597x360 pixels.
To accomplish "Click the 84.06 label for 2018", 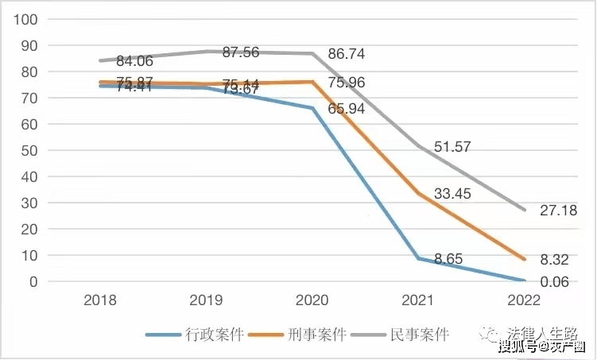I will coord(136,61).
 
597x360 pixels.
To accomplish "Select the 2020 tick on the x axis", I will coord(312,300).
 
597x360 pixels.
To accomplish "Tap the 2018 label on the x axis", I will coord(100,300).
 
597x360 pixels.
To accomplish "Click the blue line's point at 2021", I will coord(419,258).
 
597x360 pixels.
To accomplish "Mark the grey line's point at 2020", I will coord(312,54).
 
